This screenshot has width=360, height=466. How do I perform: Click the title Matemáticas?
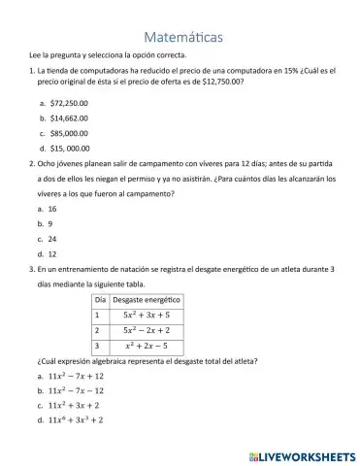pos(181,37)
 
